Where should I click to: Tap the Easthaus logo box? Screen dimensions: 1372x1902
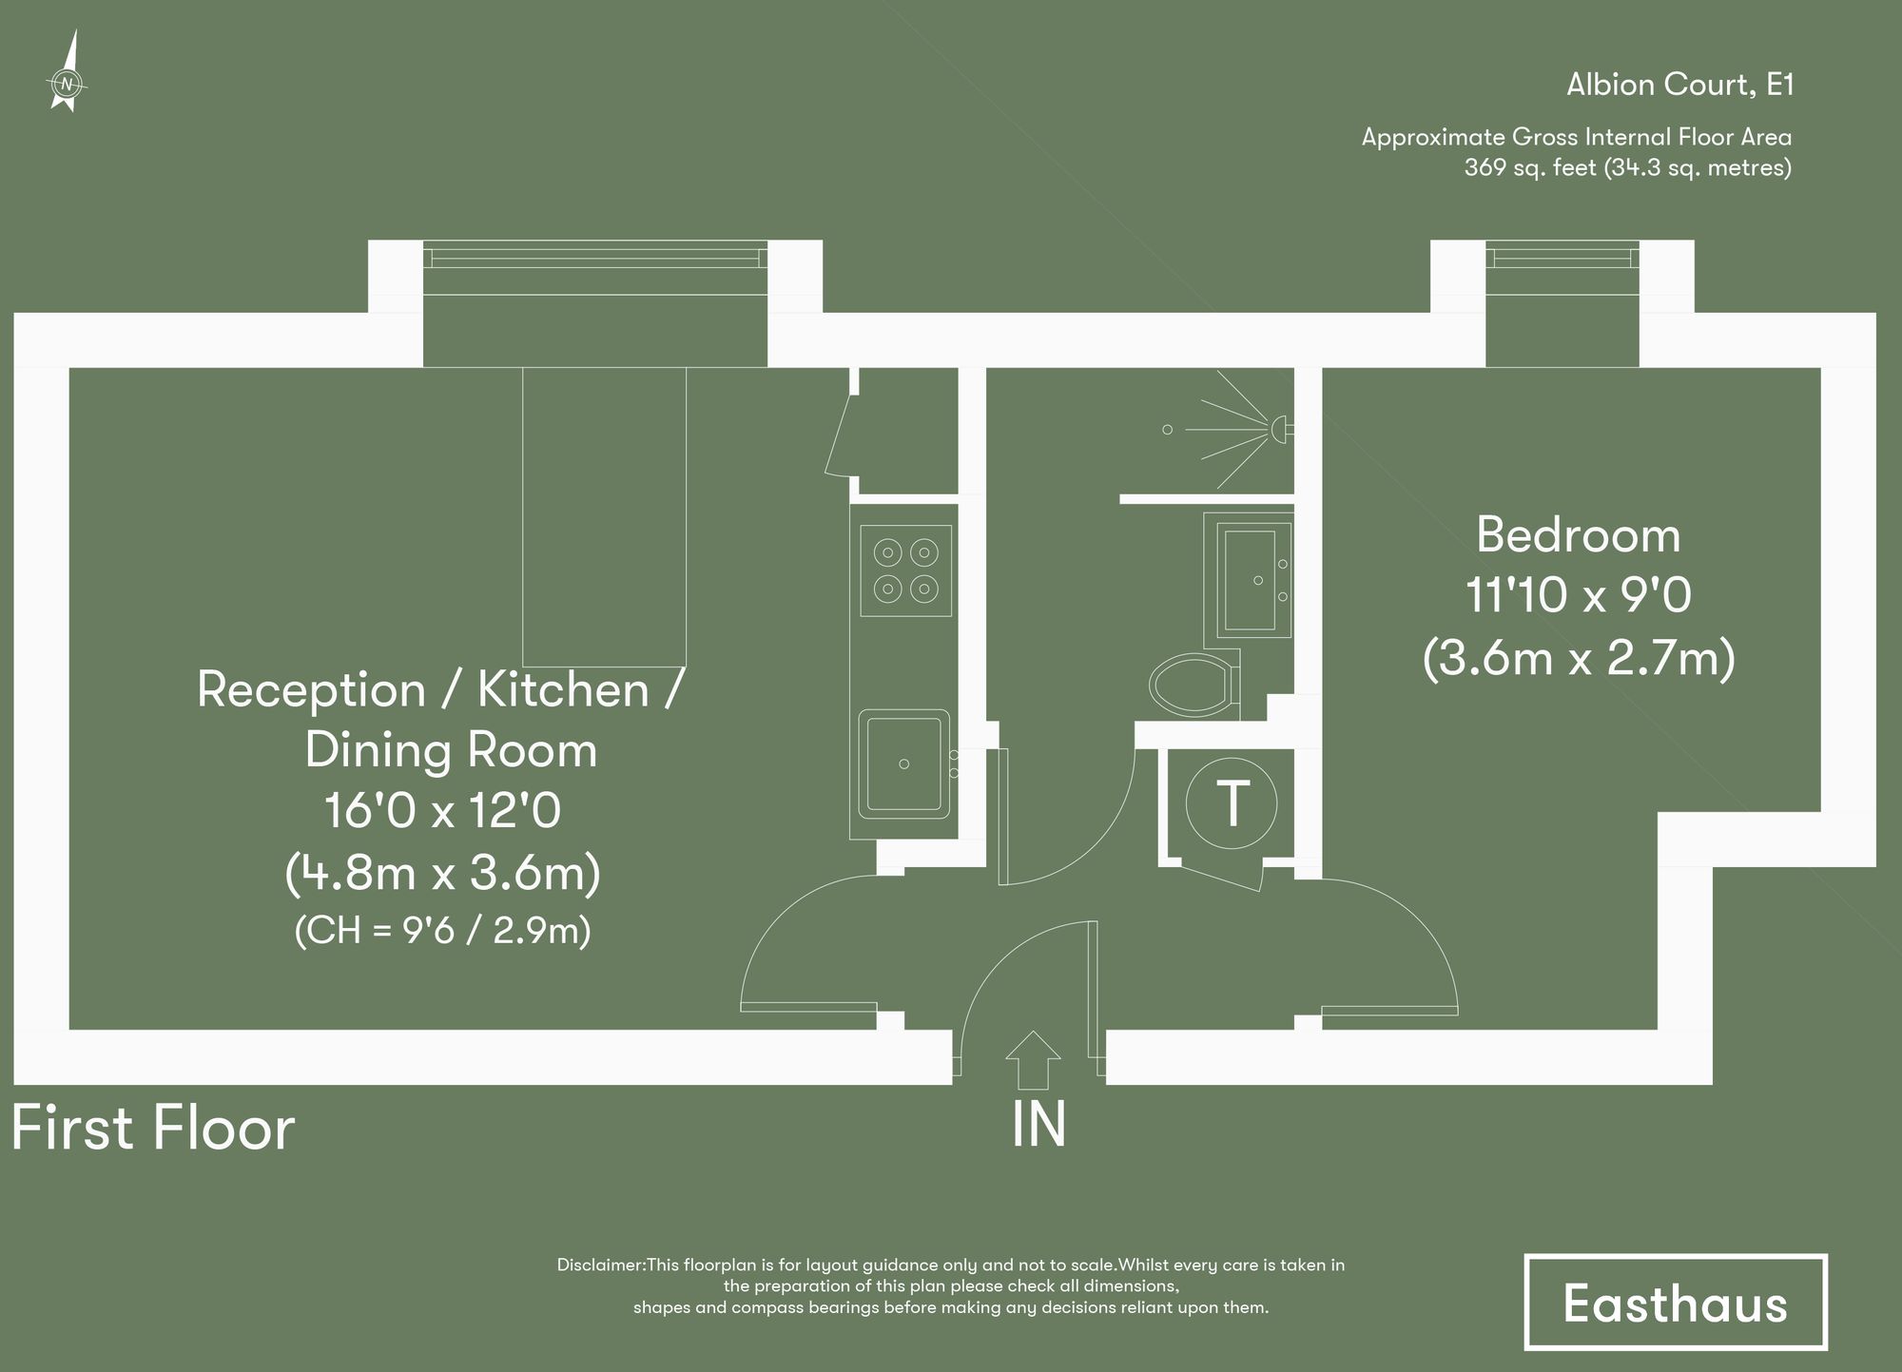point(1675,1303)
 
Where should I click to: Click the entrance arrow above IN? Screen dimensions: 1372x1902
point(1033,1059)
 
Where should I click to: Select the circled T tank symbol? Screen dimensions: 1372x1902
point(1232,803)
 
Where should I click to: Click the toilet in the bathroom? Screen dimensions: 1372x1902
point(1194,683)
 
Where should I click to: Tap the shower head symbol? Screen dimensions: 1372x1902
point(1280,429)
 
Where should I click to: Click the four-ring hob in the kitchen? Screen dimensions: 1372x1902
point(905,570)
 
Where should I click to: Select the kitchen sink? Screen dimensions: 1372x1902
point(904,764)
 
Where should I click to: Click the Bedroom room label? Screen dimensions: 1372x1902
point(1578,535)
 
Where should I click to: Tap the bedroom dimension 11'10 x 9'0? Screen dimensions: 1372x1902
point(1578,596)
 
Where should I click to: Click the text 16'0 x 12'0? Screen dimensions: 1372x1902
point(442,811)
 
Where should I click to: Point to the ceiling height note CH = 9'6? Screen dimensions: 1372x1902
point(442,930)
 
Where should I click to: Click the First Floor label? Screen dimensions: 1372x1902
point(153,1129)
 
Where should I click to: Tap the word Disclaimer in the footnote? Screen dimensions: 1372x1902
point(600,1266)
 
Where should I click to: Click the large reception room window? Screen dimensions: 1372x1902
point(594,258)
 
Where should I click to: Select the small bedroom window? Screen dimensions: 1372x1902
point(1562,257)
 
